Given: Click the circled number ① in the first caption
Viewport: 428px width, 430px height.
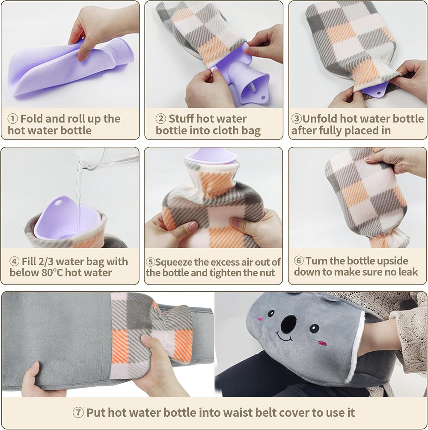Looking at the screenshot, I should (x=13, y=119).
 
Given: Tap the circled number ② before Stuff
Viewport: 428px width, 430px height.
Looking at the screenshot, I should (x=161, y=119).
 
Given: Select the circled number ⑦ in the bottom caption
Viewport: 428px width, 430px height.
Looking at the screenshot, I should (x=78, y=413).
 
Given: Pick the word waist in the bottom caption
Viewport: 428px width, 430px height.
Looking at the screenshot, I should (x=228, y=413).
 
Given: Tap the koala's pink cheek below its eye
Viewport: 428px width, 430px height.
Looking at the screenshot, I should (x=322, y=343).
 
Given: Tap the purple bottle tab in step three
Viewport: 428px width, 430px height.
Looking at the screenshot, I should (x=375, y=89).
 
